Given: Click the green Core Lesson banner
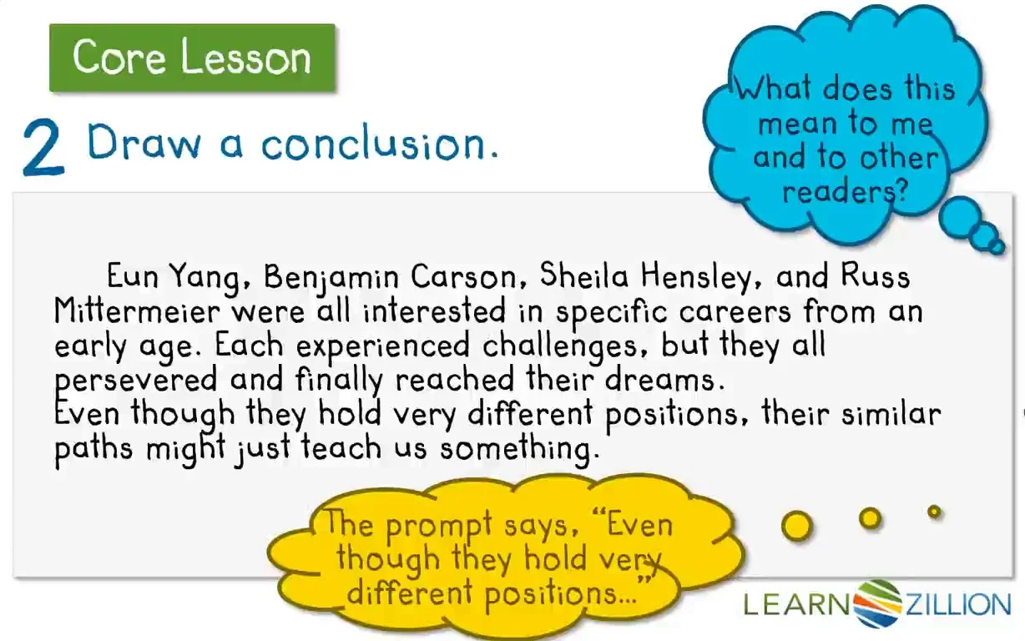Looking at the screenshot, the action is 192,58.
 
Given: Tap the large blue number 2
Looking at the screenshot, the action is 43,148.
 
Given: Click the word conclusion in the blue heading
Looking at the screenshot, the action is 380,143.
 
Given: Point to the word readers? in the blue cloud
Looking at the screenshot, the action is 845,192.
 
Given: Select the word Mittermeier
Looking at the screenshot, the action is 137,310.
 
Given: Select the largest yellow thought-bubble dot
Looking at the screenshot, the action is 796,526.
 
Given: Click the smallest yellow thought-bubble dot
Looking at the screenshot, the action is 934,511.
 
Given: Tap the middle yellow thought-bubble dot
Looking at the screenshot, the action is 870,518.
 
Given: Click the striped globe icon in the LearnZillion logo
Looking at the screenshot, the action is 877,603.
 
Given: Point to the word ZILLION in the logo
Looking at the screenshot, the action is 957,604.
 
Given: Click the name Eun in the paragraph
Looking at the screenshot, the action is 132,276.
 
